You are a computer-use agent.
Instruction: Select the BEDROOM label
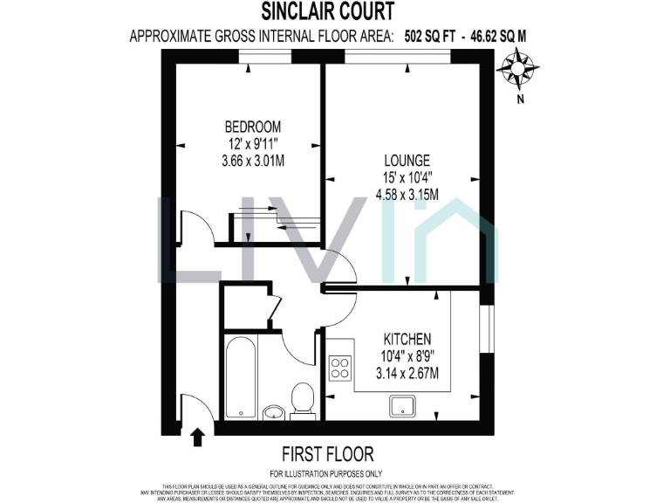point(252,127)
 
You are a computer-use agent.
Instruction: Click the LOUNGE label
point(407,161)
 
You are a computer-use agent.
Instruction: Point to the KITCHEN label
point(408,339)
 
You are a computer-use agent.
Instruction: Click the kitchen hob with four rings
point(339,368)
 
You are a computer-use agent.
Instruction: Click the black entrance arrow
point(198,435)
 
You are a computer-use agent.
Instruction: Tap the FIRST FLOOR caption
point(327,454)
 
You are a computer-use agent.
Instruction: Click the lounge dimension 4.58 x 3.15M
point(407,195)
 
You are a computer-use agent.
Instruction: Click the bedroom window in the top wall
point(265,56)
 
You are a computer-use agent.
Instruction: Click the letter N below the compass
point(521,99)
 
